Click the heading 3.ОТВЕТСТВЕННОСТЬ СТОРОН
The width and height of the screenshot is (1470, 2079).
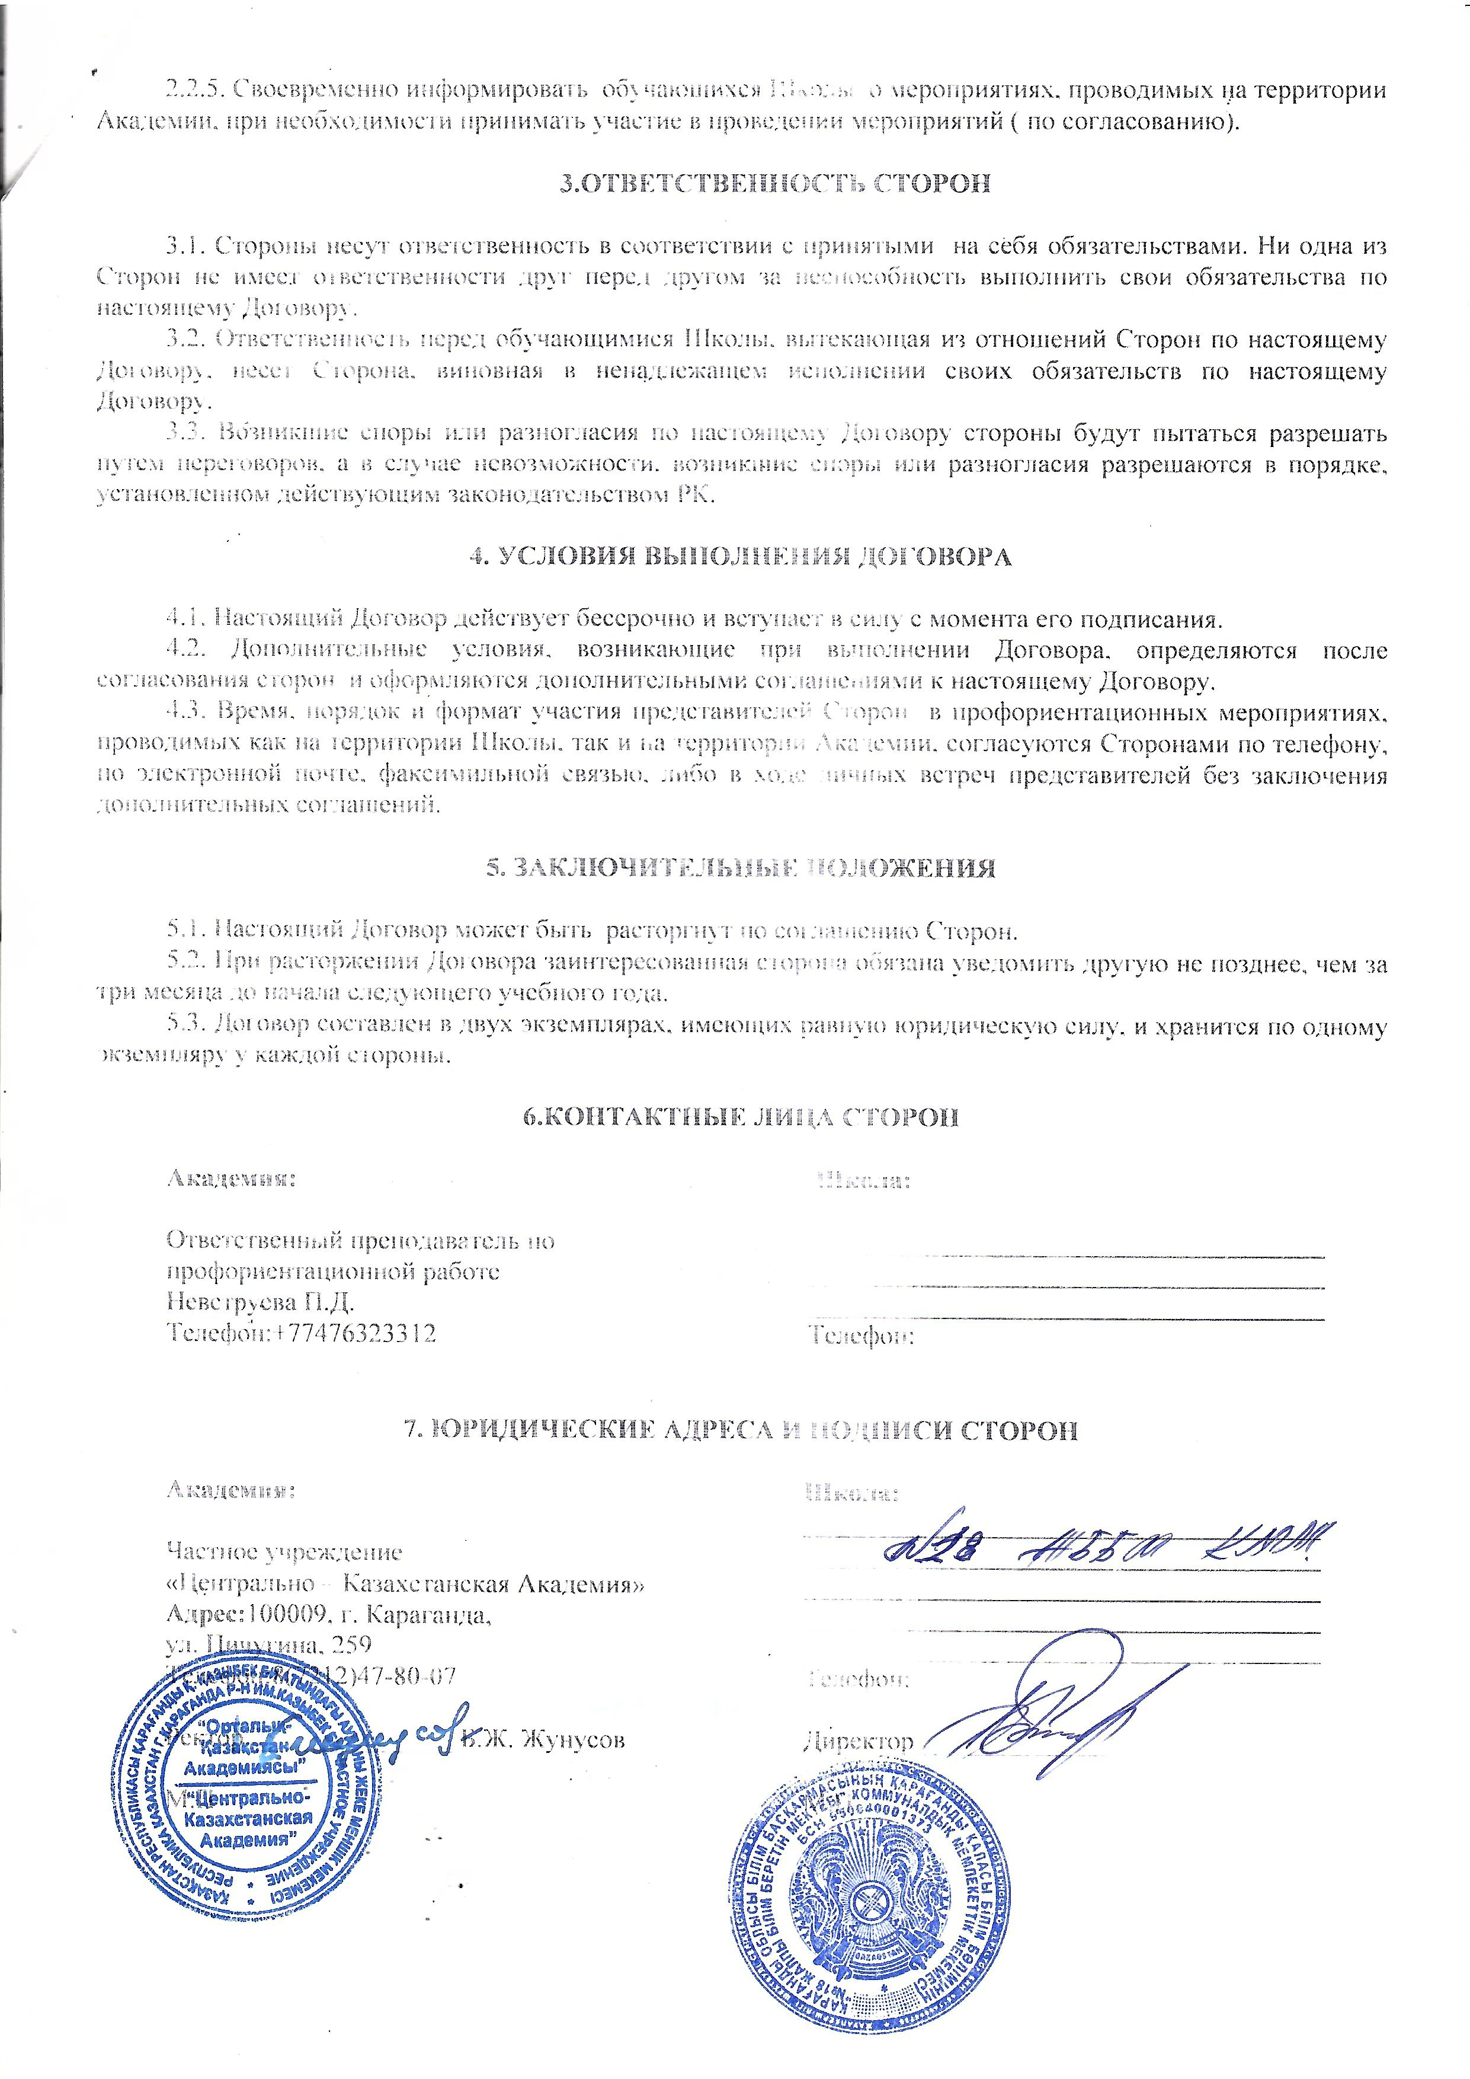point(774,184)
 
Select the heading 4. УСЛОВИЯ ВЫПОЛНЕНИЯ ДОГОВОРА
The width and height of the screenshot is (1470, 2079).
point(739,556)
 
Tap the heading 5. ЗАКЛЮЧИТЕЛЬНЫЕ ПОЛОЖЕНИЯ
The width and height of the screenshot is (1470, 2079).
point(741,867)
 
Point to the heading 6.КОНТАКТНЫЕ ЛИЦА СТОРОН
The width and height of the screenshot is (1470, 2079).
point(741,1116)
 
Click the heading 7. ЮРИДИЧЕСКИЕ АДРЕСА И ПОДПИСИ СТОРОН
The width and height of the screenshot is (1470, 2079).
point(741,1430)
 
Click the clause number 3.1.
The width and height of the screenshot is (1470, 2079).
point(185,246)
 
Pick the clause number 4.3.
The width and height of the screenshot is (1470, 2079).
point(185,713)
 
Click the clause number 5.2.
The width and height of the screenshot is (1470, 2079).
point(185,963)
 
